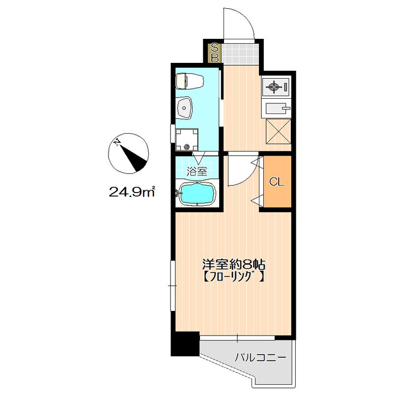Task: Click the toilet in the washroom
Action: pyautogui.click(x=190, y=81)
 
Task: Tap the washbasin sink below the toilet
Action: pyautogui.click(x=185, y=108)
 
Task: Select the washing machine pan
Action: pyautogui.click(x=187, y=140)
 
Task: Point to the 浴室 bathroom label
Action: pyautogui.click(x=197, y=171)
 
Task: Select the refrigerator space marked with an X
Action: pyautogui.click(x=279, y=131)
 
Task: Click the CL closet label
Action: pyautogui.click(x=277, y=182)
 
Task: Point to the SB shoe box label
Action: pyautogui.click(x=215, y=53)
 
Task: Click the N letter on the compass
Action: pyautogui.click(x=116, y=142)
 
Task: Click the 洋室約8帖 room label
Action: pyautogui.click(x=234, y=264)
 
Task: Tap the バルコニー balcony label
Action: pyautogui.click(x=260, y=358)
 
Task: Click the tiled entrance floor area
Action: pyautogui.click(x=240, y=54)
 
